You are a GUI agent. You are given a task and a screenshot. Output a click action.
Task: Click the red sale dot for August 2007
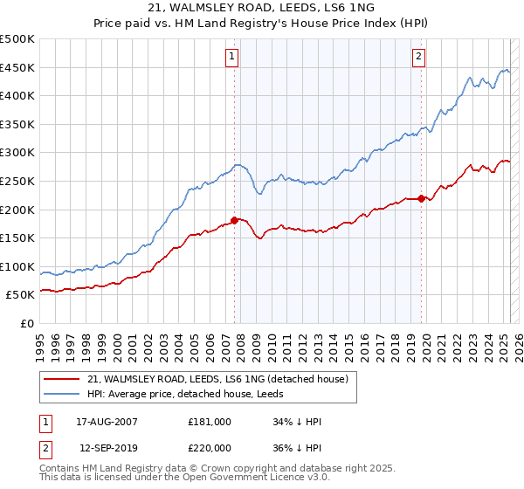point(234,220)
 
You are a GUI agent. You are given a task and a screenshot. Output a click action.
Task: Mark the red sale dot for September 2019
point(421,198)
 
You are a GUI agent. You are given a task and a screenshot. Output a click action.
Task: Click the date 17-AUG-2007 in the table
point(107,422)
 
